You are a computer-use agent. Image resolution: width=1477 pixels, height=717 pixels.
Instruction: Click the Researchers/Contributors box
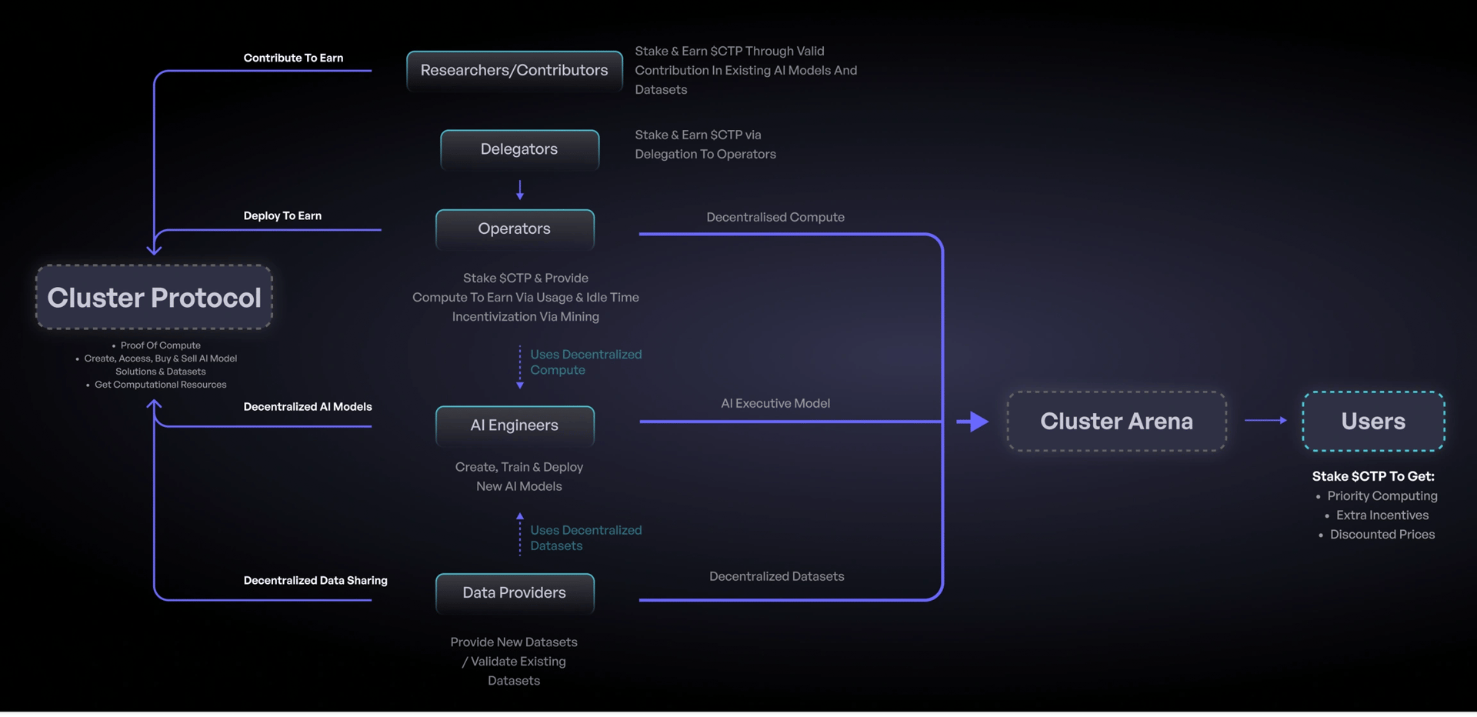pos(514,71)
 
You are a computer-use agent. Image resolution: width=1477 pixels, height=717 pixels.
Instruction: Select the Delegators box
pos(519,149)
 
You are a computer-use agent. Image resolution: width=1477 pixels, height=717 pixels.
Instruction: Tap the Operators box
pos(515,228)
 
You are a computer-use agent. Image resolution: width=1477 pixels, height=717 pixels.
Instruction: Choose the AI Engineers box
pos(515,425)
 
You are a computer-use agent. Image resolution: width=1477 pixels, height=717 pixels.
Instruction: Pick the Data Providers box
pos(515,593)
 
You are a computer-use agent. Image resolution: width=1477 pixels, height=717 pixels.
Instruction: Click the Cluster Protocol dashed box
pos(154,298)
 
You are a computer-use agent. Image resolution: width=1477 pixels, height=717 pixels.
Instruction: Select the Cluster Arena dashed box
pos(1116,421)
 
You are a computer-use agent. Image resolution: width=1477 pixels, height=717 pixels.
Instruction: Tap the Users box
pos(1373,421)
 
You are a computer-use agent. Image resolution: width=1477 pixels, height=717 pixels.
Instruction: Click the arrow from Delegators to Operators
pos(520,190)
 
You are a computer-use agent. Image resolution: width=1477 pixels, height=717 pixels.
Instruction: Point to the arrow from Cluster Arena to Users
pos(1265,420)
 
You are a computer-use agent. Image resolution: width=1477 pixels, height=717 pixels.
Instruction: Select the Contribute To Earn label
pos(293,58)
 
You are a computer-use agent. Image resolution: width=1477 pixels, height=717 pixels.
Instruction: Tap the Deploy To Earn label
pos(282,215)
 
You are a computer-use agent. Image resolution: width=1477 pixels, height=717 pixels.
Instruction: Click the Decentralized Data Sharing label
pos(315,580)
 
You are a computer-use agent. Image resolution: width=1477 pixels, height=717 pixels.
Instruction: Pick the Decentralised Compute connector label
pos(775,217)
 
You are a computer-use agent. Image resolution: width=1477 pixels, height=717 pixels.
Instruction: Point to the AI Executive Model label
pos(775,403)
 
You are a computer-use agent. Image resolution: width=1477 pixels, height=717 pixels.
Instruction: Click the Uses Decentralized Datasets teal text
pos(585,538)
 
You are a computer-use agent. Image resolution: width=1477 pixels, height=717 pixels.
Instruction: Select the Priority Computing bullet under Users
pos(1382,496)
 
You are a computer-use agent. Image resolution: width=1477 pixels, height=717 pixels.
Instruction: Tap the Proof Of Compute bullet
pos(160,345)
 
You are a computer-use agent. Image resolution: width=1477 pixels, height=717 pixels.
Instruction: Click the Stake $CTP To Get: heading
pos(1372,476)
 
